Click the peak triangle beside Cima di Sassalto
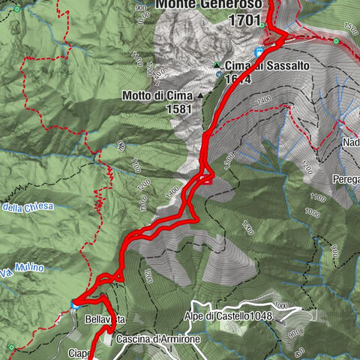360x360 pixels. coord(217,64)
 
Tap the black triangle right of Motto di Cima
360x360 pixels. coord(200,96)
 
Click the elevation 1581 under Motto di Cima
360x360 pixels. coord(180,109)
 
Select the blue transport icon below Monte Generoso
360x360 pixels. coord(259,52)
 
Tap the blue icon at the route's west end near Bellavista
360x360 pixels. coord(74,303)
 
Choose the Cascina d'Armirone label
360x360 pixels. coord(157,340)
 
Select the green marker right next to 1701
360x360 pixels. coord(263,23)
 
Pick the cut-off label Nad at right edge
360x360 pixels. coord(350,143)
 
